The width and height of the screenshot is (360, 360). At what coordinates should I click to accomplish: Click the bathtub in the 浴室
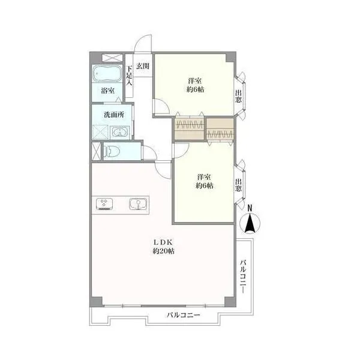coord(107,73)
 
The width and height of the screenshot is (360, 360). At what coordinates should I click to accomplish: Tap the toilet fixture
coord(112,152)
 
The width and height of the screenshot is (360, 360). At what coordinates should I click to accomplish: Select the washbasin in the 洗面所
coord(120,133)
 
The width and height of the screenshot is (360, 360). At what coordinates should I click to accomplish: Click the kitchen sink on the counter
coord(138,204)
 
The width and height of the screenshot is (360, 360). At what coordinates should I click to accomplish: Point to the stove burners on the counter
coord(104,204)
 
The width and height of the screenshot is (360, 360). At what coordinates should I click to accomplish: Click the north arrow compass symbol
coord(250,223)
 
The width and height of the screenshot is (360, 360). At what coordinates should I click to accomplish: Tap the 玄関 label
coord(143,66)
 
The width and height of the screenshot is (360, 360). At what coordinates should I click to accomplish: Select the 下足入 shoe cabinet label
coord(129,76)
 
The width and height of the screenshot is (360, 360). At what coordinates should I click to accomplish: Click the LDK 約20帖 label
coord(163,247)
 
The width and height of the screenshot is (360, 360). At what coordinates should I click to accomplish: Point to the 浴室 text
coord(108,91)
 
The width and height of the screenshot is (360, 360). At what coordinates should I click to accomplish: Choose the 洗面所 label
coord(114,115)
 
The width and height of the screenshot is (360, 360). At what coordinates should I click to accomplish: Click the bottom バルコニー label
coord(183,315)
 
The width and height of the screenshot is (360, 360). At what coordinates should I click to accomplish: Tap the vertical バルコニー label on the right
coord(244,277)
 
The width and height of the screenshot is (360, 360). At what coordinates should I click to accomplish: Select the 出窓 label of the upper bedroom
coord(239,96)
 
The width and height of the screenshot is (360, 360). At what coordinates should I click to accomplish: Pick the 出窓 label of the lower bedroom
coord(239,185)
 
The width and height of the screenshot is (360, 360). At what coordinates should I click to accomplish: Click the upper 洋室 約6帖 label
coord(195,85)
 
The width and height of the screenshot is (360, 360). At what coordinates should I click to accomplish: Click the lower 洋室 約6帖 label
coord(205,181)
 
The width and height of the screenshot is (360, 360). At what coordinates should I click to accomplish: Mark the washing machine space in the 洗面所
coord(100,132)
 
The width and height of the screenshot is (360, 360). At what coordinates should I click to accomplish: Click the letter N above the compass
coord(250,208)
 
